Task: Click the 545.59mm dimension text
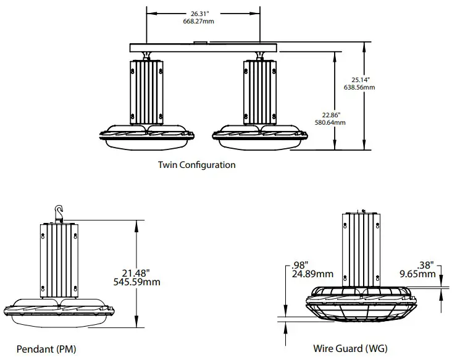[138, 282]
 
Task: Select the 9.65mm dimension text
[417, 274]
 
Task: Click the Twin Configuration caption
[196, 165]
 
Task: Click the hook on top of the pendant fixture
[60, 212]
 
